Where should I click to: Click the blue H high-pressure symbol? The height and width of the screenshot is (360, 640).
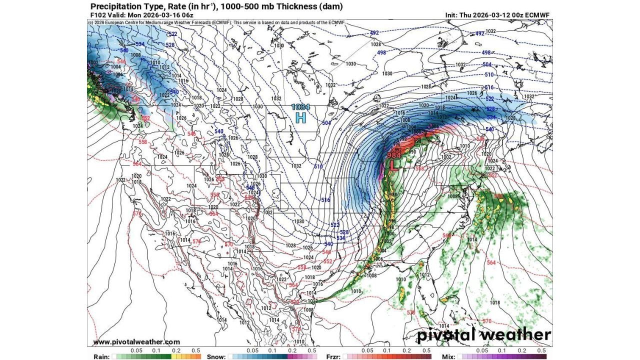coord(300,117)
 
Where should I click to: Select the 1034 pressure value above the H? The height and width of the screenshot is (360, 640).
coord(301,107)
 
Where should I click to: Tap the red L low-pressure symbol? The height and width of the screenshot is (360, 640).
coord(394,167)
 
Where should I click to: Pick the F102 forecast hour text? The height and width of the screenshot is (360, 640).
coord(98,15)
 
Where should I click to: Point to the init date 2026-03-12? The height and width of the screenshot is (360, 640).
coord(488,15)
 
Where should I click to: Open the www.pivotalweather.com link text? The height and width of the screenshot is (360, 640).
coord(136,342)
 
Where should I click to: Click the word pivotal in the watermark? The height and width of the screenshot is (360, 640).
coord(446,334)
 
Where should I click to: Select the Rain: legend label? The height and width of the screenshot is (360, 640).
coord(102,357)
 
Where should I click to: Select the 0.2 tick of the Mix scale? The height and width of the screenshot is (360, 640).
coord(526,351)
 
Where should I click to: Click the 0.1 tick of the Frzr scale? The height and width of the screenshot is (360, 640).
coord(386,351)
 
